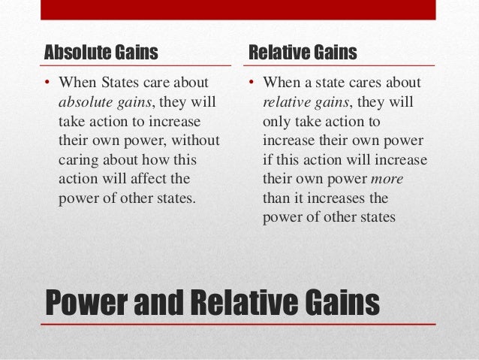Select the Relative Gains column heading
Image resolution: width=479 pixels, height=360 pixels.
303,53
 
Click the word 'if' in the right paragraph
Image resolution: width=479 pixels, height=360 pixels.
267,159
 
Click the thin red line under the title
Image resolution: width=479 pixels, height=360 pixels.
238,325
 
